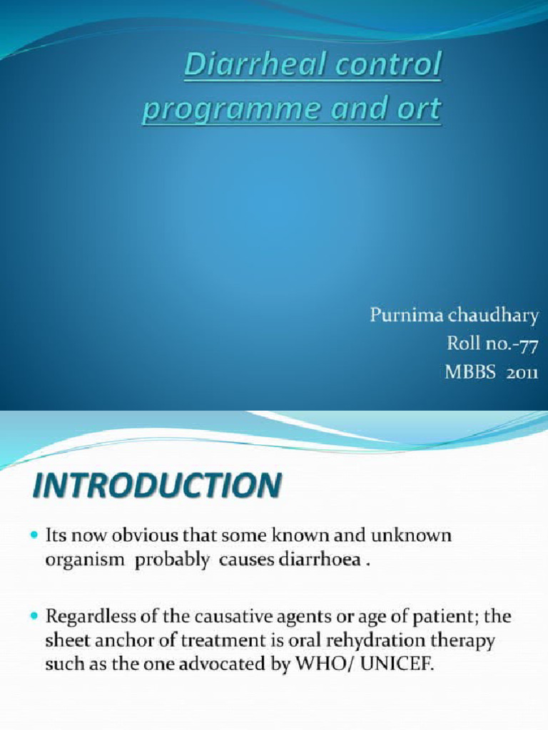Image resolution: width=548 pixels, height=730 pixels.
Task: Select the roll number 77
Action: pos(527,343)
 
